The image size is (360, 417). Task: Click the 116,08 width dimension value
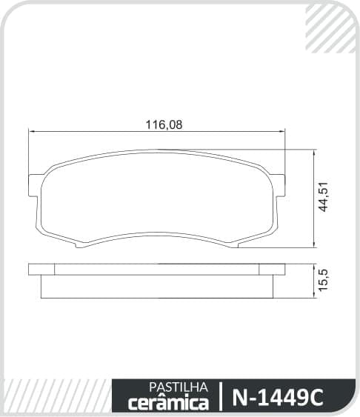tap(164, 124)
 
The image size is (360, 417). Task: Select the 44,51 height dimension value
tap(324, 197)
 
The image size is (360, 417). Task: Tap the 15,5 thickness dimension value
tap(324, 280)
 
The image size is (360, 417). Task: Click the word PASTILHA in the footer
tap(179, 387)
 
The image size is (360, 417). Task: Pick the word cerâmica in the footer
tap(168, 403)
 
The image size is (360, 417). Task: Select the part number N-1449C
tap(278, 398)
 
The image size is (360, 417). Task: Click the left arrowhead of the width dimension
tap(32, 131)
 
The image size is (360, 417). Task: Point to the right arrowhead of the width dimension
tap(281, 131)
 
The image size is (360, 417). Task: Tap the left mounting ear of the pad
tap(34, 185)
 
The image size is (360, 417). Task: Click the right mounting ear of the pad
tap(279, 185)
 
